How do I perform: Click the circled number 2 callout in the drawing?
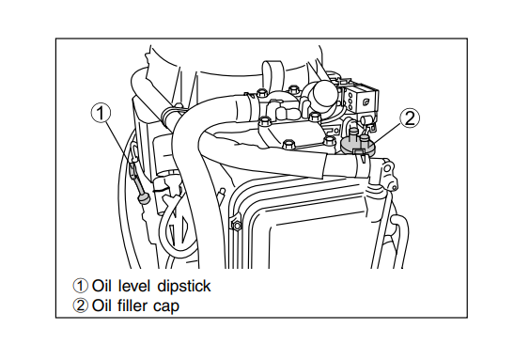click(409, 117)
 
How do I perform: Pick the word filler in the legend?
click(138, 305)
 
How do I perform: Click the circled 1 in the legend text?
click(80, 286)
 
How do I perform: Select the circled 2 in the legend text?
click(80, 305)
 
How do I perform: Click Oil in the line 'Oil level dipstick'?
click(102, 286)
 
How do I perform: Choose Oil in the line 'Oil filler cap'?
click(102, 305)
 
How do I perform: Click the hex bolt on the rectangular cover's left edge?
click(236, 225)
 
